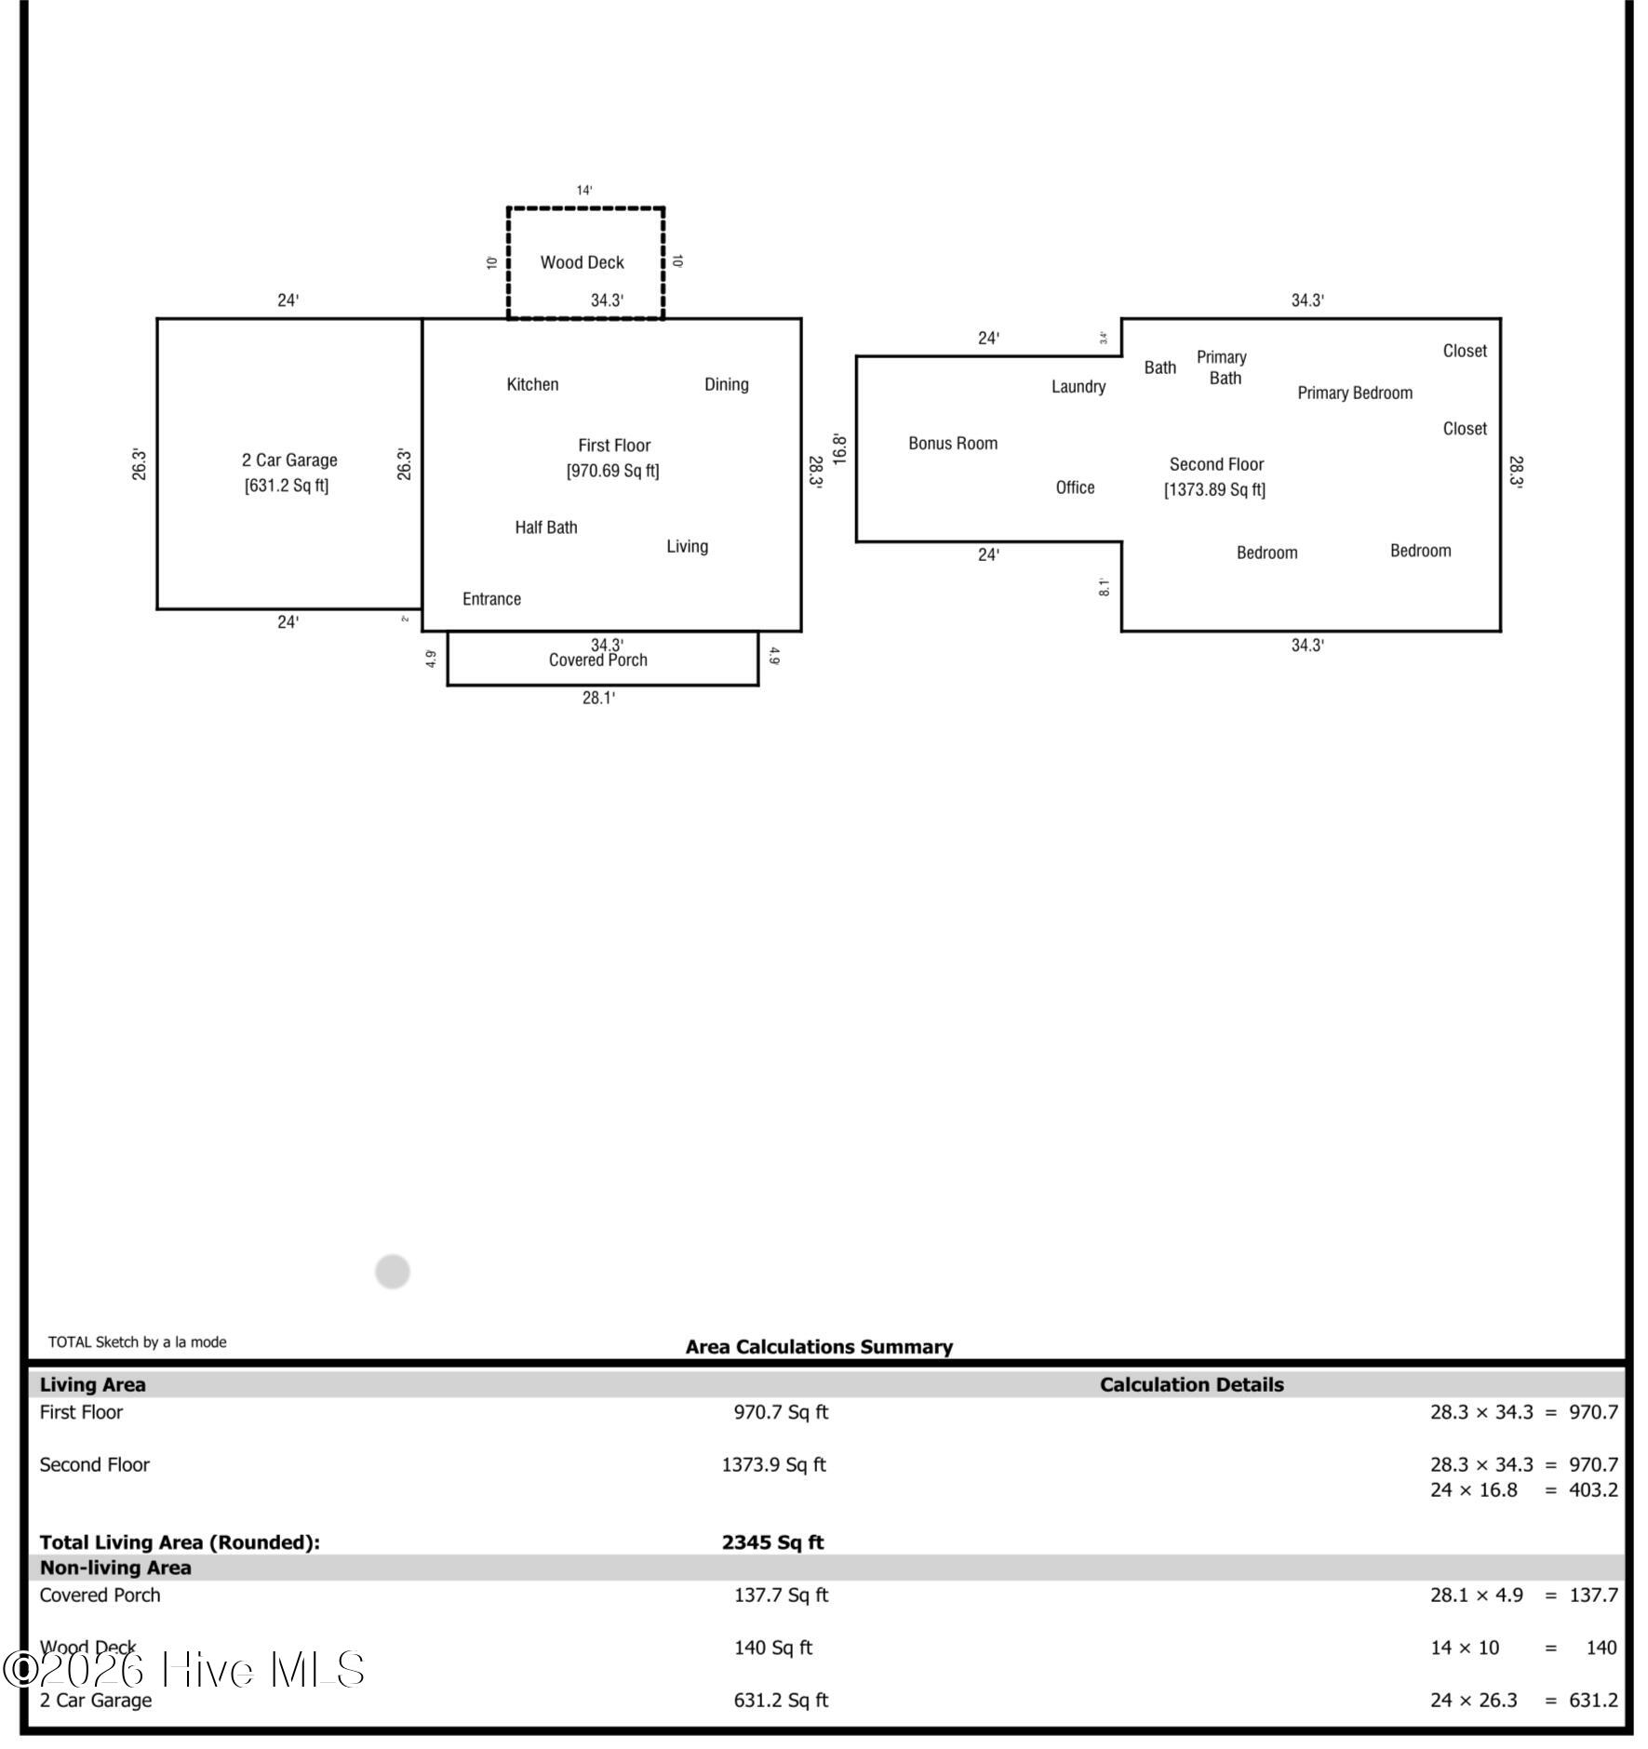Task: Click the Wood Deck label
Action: coord(582,262)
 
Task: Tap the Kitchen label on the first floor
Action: coord(532,384)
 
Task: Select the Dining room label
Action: coord(726,384)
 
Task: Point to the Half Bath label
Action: coord(546,527)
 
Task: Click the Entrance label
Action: coord(491,599)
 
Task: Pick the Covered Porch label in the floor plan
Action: coord(597,661)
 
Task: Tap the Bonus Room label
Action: coord(953,444)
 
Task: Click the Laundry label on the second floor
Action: coord(1079,387)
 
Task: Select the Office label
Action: coord(1075,487)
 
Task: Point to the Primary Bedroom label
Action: coord(1355,393)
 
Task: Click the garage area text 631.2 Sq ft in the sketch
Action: coord(287,486)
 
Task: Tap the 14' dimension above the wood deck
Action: coord(584,190)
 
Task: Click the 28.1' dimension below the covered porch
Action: coord(598,698)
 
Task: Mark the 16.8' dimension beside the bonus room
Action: coord(840,449)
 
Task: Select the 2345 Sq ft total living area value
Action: coord(772,1542)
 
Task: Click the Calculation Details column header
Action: coord(1191,1384)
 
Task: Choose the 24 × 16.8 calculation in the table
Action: coord(1474,1489)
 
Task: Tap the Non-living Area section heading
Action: coord(115,1568)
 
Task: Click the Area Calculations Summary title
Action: coord(819,1347)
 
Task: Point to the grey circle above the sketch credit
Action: coord(393,1272)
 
